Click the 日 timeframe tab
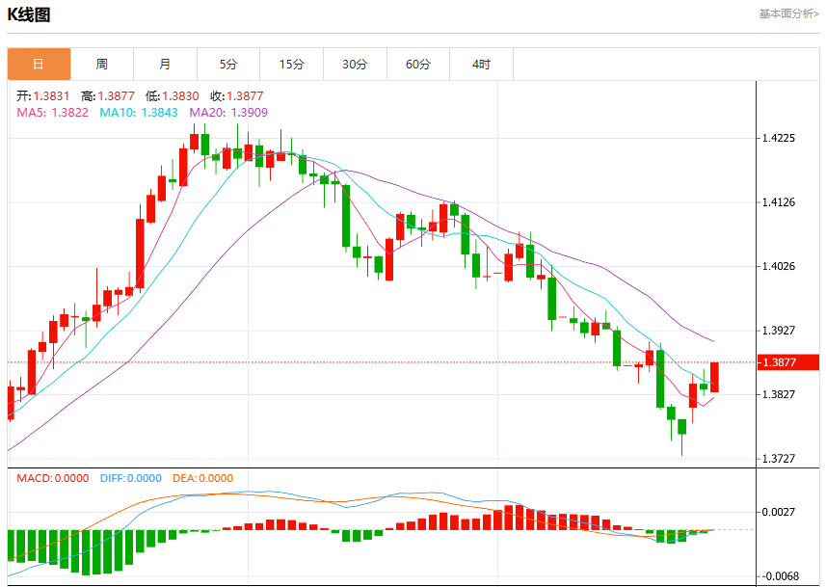(39, 65)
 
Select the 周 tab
(102, 65)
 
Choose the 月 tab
(166, 65)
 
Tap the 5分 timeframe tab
(228, 65)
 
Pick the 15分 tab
(292, 65)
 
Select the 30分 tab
(355, 65)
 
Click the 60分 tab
(418, 65)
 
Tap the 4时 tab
(482, 65)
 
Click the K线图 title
(29, 14)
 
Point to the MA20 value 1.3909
(250, 112)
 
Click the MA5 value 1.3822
(69, 112)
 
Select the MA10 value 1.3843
(159, 112)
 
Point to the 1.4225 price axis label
(779, 138)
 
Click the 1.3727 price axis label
(779, 459)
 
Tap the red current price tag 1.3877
(788, 362)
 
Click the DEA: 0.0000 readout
(202, 478)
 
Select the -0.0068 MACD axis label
(777, 576)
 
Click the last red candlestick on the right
(714, 377)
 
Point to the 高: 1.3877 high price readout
(108, 95)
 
